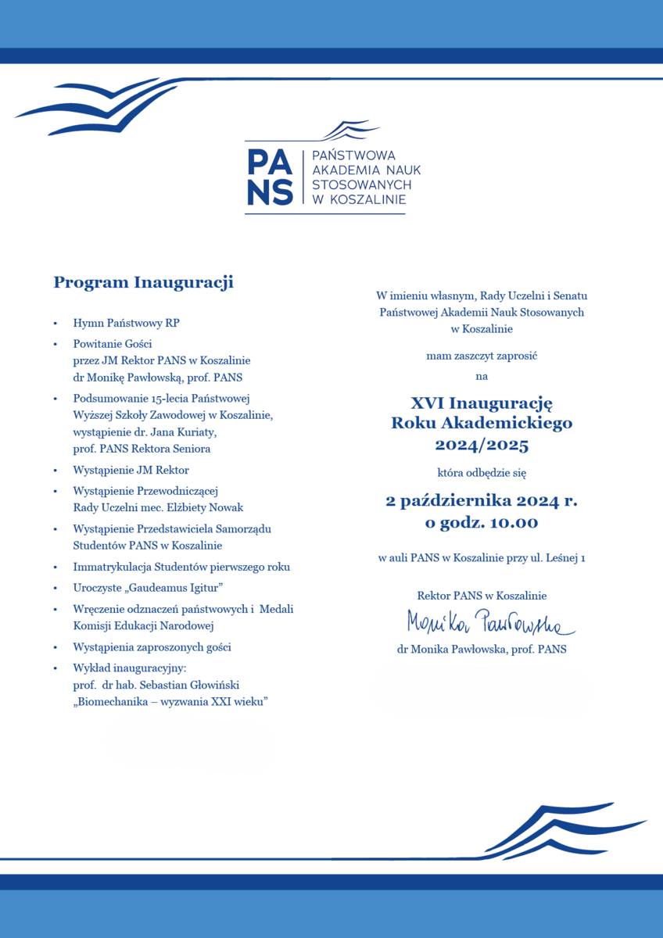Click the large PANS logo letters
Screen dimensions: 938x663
tap(270, 176)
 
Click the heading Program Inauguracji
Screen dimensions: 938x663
tap(143, 282)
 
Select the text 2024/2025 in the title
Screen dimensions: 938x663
tap(482, 446)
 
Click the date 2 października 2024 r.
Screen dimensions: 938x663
tap(482, 501)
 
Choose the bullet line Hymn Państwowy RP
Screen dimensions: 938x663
tap(127, 323)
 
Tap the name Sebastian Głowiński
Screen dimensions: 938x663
tap(194, 686)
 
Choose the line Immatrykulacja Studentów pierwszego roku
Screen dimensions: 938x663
tap(181, 567)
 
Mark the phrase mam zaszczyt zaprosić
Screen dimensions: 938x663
tap(482, 356)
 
